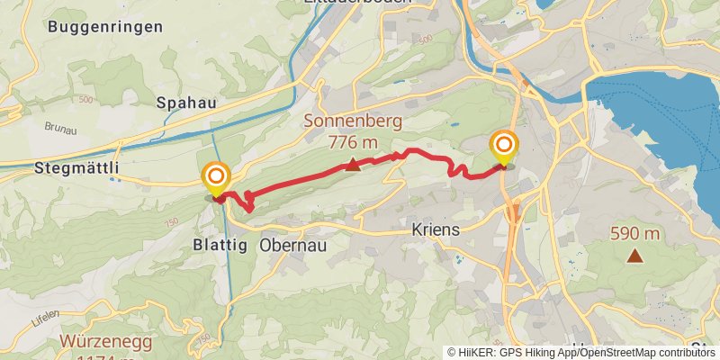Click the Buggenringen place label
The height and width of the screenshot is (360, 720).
pyautogui.click(x=105, y=26)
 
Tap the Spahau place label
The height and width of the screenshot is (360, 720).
pyautogui.click(x=186, y=103)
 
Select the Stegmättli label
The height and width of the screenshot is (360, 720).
pyautogui.click(x=76, y=167)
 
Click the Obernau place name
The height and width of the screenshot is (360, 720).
pyautogui.click(x=292, y=244)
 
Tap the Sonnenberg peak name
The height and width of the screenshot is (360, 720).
pyautogui.click(x=352, y=121)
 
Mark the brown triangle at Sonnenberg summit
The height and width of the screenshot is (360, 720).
pyautogui.click(x=354, y=164)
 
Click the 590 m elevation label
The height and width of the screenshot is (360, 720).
pyautogui.click(x=635, y=234)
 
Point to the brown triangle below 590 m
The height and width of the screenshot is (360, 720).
pyautogui.click(x=635, y=256)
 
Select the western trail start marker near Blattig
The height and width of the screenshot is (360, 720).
pyautogui.click(x=216, y=177)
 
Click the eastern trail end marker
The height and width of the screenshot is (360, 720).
pyautogui.click(x=504, y=147)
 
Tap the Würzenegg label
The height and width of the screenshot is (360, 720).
pyautogui.click(x=106, y=342)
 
